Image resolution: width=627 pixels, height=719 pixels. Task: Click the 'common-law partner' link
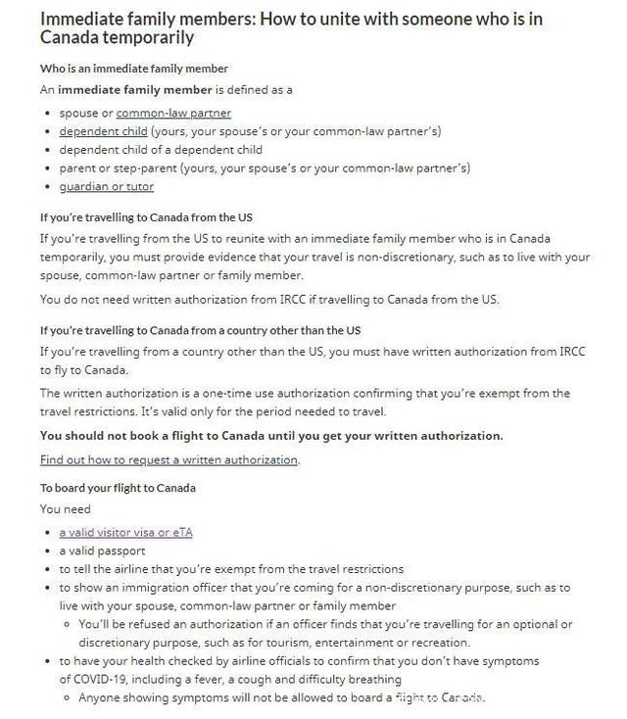click(x=173, y=113)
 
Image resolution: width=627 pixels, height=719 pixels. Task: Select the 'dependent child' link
click(x=103, y=131)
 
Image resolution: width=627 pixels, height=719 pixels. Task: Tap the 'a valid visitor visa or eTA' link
click(x=125, y=532)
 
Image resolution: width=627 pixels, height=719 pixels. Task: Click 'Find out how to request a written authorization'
click(x=169, y=459)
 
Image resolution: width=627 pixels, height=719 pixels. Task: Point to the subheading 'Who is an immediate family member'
click(x=133, y=69)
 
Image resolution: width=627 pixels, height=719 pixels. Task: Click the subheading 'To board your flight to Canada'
click(x=118, y=487)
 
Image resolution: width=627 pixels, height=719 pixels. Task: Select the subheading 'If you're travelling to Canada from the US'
click(x=146, y=216)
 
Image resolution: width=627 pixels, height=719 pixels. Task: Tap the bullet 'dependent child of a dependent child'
click(x=161, y=150)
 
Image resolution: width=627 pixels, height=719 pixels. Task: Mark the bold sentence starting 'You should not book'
click(x=271, y=435)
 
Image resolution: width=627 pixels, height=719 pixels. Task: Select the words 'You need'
click(x=65, y=509)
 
